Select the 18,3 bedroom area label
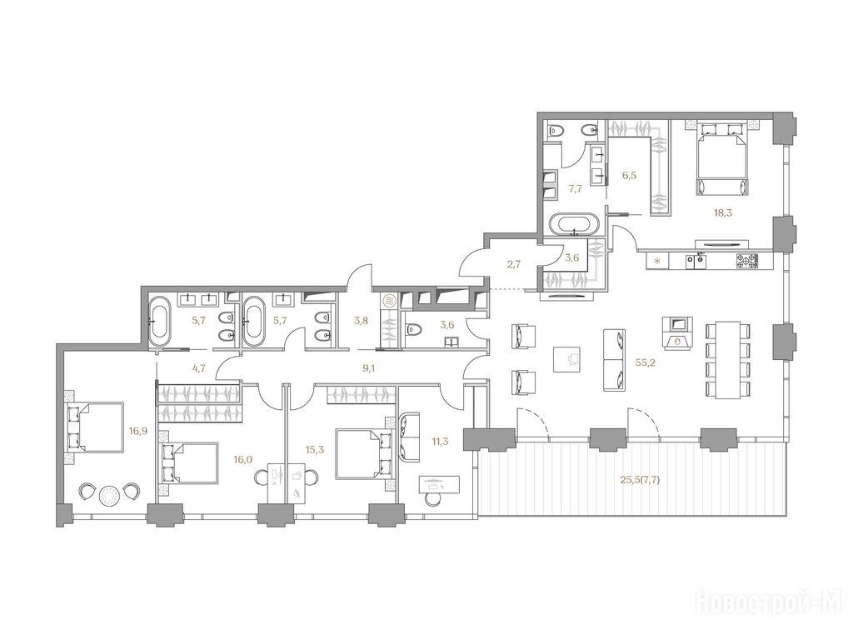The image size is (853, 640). [723, 212]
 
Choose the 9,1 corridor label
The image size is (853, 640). [369, 368]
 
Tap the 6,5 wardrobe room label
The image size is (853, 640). [629, 175]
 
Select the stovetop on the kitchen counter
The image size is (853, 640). [747, 261]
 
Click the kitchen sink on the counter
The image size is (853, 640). [696, 262]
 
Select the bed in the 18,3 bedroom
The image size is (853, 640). [721, 158]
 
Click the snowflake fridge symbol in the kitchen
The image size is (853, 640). [658, 261]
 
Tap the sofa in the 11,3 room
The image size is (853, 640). [410, 437]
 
